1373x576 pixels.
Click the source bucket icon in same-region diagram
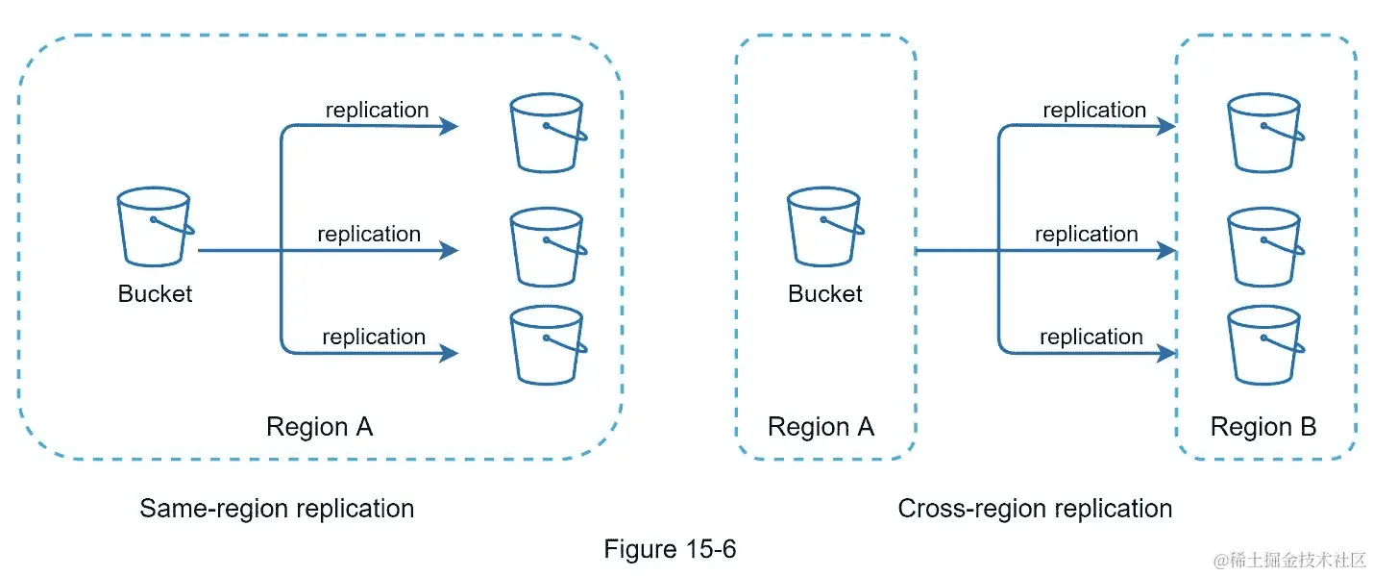click(156, 226)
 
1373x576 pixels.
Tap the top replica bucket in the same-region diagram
click(549, 133)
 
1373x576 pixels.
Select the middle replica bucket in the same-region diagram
click(549, 246)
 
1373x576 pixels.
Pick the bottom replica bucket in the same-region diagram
click(549, 345)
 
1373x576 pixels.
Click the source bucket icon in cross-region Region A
click(825, 226)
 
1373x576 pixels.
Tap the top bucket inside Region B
click(1265, 133)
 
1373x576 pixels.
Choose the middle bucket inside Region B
click(1265, 246)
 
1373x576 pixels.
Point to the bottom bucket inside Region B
click(1265, 345)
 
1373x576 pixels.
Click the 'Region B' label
click(1263, 426)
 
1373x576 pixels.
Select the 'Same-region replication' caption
click(277, 509)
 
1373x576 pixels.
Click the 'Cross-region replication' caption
click(1035, 509)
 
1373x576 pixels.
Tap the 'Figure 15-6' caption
click(670, 549)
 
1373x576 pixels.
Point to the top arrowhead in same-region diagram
click(450, 126)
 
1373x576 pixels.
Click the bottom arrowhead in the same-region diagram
click(450, 353)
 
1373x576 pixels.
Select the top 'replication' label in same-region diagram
click(377, 111)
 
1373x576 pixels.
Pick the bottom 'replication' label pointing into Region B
click(1091, 338)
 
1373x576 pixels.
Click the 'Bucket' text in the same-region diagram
click(155, 294)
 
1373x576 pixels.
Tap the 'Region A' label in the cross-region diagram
click(821, 426)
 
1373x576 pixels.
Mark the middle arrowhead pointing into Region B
click(1166, 250)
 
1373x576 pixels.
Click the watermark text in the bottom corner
click(1289, 560)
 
